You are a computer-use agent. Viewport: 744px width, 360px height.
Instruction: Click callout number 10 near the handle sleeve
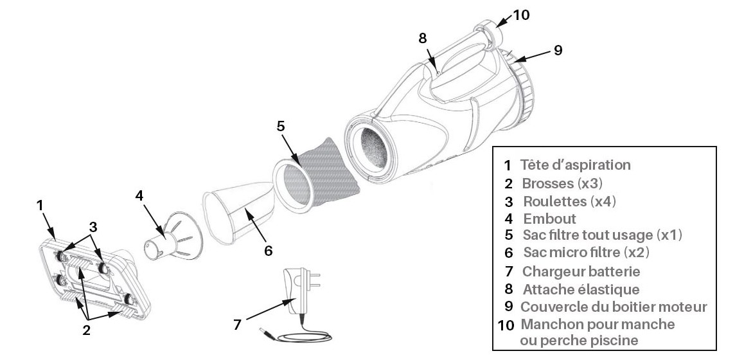[x=522, y=14]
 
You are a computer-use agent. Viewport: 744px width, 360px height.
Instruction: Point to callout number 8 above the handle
[x=422, y=37]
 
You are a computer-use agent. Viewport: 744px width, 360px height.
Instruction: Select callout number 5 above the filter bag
[x=281, y=126]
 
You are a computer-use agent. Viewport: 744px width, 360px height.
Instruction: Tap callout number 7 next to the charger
[x=237, y=325]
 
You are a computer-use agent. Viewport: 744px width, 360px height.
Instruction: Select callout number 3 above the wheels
[x=94, y=226]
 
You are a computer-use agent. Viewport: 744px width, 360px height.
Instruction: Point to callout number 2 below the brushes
[x=86, y=331]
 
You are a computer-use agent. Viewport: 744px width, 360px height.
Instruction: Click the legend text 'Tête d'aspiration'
[x=575, y=165]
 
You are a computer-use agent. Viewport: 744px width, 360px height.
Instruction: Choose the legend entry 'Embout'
[x=549, y=218]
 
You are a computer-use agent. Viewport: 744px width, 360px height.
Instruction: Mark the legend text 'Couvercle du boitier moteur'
[x=614, y=307]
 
